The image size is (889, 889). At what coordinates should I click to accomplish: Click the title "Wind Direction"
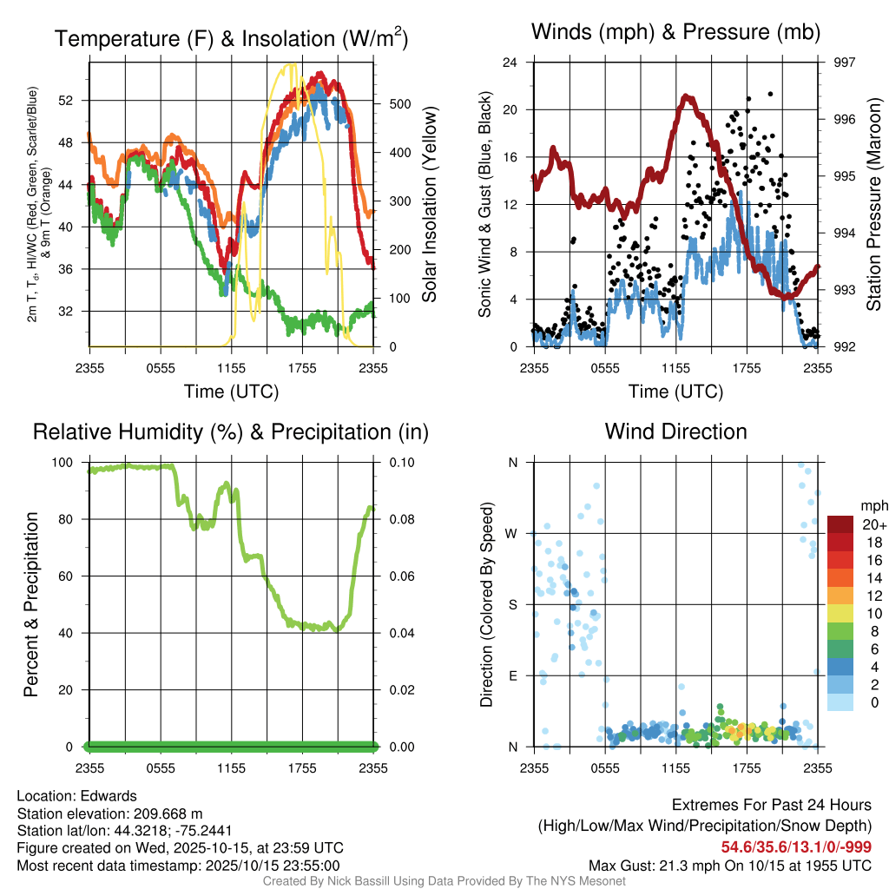(x=675, y=431)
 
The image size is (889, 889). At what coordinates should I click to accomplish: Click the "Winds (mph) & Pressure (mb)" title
(x=675, y=33)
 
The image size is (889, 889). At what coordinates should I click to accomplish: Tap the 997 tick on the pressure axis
(x=845, y=63)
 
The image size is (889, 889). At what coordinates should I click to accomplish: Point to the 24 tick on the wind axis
(x=510, y=63)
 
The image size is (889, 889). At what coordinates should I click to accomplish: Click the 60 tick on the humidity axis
(x=72, y=576)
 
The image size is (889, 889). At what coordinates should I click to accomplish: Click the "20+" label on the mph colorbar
(x=873, y=525)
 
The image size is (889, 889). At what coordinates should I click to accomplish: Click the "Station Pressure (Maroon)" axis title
(x=874, y=204)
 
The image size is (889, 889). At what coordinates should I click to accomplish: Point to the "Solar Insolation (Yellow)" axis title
(x=429, y=204)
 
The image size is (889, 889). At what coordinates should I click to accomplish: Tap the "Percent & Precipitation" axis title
(x=30, y=604)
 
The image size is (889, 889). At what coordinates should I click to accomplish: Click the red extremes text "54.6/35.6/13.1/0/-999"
(x=796, y=847)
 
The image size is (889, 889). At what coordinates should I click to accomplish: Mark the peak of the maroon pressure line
(x=687, y=96)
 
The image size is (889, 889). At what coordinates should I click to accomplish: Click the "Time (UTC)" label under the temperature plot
(x=231, y=392)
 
